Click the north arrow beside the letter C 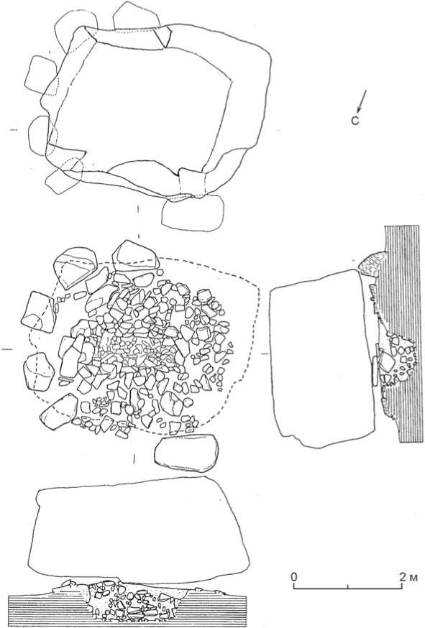point(361,100)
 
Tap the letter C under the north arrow point(355,120)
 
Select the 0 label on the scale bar point(294,577)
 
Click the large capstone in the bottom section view point(139,531)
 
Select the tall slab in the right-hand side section point(323,359)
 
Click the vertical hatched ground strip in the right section point(402,333)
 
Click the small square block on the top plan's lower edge point(193,183)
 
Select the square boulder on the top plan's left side point(41,75)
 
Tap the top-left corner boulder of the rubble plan point(76,267)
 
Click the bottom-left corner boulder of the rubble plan point(59,412)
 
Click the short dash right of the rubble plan point(265,354)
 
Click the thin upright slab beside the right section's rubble point(375,371)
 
